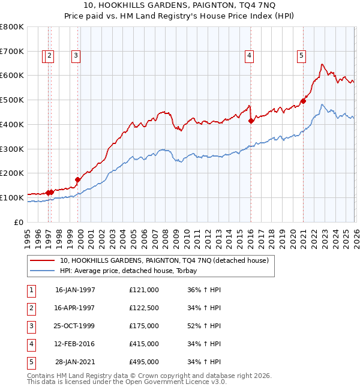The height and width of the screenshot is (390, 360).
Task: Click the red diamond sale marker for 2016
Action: tap(251, 121)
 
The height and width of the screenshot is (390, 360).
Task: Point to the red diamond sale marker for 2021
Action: tap(304, 101)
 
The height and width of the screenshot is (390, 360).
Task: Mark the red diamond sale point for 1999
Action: tap(78, 179)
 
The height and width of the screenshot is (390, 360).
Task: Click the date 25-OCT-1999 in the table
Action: tap(75, 326)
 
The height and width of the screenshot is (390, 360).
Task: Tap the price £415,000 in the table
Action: tap(143, 344)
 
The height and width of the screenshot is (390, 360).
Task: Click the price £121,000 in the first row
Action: tap(143, 290)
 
